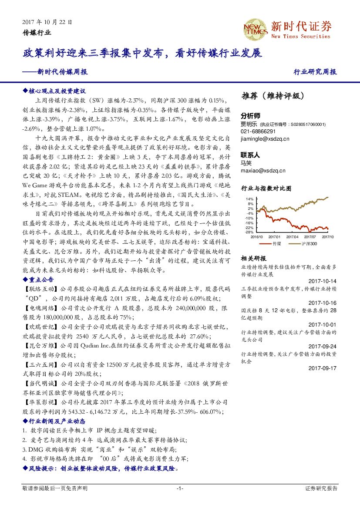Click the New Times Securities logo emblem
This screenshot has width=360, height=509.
click(x=255, y=29)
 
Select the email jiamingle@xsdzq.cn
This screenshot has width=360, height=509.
click(x=265, y=138)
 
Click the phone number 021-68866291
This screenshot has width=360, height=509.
click(x=258, y=131)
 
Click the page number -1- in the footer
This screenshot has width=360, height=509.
click(x=180, y=489)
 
